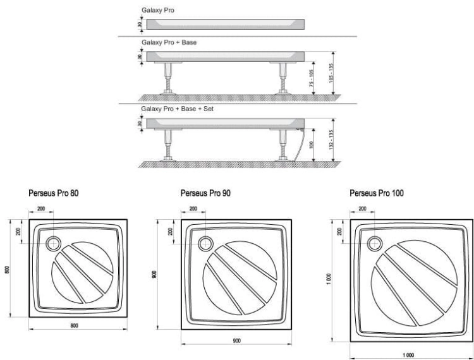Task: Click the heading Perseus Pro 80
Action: [x=54, y=193]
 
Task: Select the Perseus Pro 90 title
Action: [x=205, y=193]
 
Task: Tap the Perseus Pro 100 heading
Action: [x=377, y=193]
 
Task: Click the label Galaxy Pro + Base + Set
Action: [x=177, y=109]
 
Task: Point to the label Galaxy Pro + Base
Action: [x=169, y=42]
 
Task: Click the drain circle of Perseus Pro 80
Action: [x=54, y=243]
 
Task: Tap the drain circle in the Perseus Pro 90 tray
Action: [x=205, y=243]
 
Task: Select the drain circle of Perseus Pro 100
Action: [x=375, y=243]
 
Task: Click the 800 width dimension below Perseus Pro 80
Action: [x=74, y=325]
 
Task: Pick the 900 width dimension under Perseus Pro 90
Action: [x=237, y=340]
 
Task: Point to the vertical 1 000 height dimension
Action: [x=329, y=279]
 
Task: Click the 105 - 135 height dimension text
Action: [x=331, y=73]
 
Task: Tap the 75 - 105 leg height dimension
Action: [x=312, y=78]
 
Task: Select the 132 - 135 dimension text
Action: [x=331, y=140]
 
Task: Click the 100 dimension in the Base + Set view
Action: [x=312, y=145]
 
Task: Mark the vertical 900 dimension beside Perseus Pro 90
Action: [x=154, y=274]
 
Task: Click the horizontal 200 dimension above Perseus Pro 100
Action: [x=362, y=208]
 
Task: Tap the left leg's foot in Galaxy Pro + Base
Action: [x=168, y=92]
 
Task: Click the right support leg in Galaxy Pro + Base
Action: [x=283, y=78]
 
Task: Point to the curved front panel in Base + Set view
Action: [x=300, y=145]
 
